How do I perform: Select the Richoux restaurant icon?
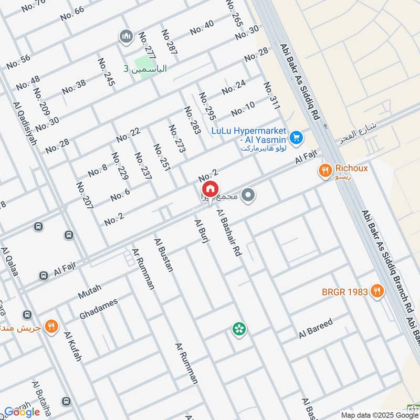coord(325,170)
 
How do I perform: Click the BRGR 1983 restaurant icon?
coord(376,291)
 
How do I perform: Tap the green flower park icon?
coord(239,329)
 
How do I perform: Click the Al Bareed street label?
coord(316,328)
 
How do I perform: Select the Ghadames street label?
coord(98,309)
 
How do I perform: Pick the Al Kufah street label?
coord(73,346)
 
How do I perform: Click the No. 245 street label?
coord(106,71)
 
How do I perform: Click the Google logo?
coord(22,412)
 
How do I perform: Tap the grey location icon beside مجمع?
coord(249,196)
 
